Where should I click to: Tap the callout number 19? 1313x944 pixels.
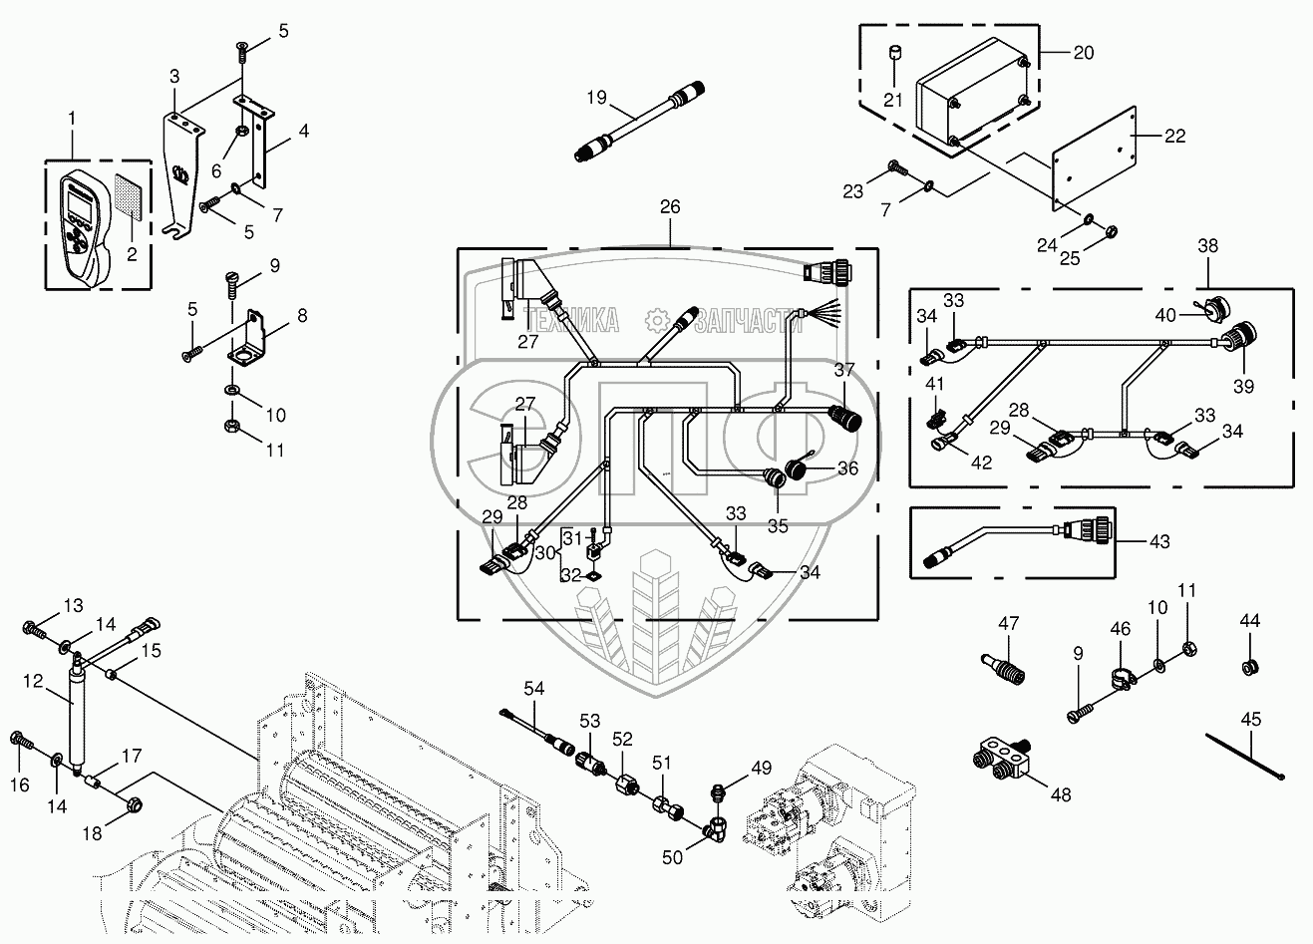[596, 98]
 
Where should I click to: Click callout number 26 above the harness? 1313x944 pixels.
[669, 207]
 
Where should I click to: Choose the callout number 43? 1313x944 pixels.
[1158, 542]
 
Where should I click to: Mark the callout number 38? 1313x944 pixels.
[1208, 245]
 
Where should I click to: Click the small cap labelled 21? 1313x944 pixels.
[894, 51]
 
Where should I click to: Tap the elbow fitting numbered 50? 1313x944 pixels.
[714, 826]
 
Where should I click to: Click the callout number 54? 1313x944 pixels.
[534, 689]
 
